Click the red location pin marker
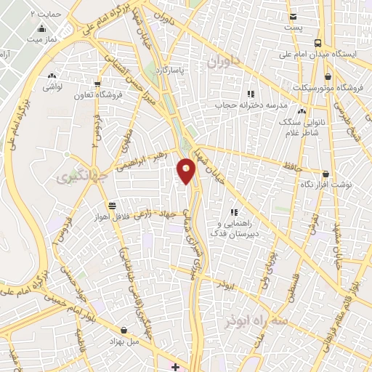[x=187, y=172]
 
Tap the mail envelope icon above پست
[x=293, y=17]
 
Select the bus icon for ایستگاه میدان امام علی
[x=318, y=42]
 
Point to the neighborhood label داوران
[x=222, y=64]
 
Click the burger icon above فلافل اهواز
[x=110, y=206]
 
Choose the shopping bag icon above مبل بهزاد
[x=128, y=329]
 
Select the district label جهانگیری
[x=76, y=175]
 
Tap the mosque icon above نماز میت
[x=42, y=30]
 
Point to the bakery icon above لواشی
[x=52, y=75]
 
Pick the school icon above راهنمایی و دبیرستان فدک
[x=234, y=212]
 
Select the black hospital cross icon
[x=175, y=366]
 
